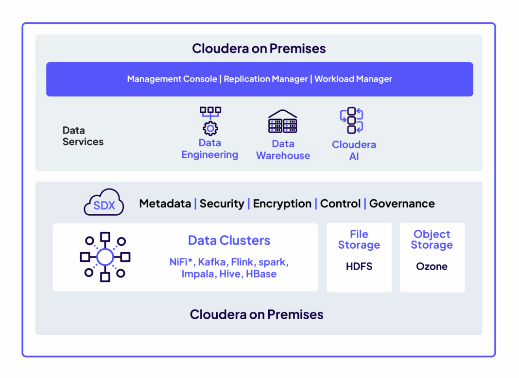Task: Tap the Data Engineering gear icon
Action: [210, 121]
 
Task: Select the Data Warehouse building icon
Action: [283, 121]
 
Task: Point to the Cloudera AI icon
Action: [352, 120]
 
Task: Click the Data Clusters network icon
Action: [105, 257]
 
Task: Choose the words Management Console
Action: [172, 79]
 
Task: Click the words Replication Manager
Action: [266, 79]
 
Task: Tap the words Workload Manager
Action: [353, 79]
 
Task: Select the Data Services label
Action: [83, 136]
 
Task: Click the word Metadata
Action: [165, 204]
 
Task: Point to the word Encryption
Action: [282, 204]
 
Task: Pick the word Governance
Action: [402, 204]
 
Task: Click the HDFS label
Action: [359, 266]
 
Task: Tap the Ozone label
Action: [432, 266]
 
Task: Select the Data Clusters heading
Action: [229, 241]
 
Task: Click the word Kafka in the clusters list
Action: [212, 262]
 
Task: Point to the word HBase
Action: [261, 274]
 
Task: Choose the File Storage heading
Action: [359, 240]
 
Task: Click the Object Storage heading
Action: [432, 240]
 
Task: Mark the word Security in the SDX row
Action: [222, 204]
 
